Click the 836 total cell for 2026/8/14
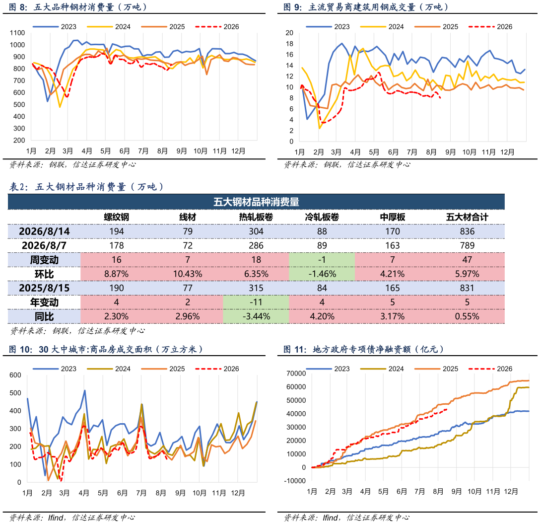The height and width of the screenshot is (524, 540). (467, 231)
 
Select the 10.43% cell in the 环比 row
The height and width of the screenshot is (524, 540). (187, 274)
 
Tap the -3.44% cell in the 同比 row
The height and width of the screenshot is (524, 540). (256, 316)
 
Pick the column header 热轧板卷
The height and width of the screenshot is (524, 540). (256, 217)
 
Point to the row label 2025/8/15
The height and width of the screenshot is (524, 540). (44, 288)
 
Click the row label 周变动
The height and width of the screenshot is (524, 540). (44, 260)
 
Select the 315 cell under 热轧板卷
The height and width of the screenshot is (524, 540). (256, 288)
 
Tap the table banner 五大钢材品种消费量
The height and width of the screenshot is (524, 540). (256, 202)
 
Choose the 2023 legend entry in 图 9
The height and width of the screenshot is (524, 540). (328, 26)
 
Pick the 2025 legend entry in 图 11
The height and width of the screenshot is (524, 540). (436, 369)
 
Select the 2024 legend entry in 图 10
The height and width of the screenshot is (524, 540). (109, 369)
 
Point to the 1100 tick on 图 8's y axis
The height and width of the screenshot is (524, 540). (17, 33)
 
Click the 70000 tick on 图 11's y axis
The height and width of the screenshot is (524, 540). (296, 374)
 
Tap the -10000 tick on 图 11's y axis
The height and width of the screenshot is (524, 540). (295, 481)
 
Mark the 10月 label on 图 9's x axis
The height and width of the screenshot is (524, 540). (469, 152)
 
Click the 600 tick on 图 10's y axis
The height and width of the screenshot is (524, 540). (15, 375)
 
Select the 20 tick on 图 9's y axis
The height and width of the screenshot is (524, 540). (289, 33)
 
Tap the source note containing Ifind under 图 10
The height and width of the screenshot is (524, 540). (72, 518)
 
